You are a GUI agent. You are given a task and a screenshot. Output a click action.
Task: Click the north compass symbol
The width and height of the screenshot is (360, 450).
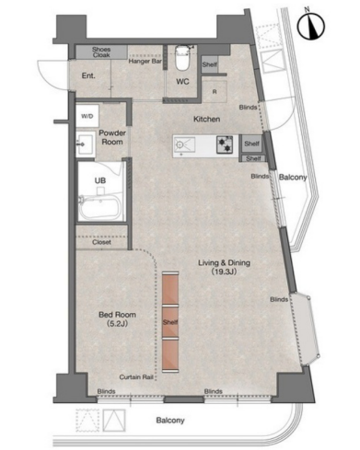coord(310,26)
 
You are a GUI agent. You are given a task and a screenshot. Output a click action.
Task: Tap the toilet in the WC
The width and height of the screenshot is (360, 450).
coord(181,58)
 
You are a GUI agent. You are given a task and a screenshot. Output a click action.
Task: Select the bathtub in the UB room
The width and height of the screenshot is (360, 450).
coord(99,207)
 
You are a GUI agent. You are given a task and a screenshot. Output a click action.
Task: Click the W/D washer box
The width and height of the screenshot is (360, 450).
coord(87,116)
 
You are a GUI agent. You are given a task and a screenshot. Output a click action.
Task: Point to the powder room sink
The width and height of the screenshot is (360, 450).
coord(86,144)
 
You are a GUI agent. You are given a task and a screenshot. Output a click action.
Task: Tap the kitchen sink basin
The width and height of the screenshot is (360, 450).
coord(184,144)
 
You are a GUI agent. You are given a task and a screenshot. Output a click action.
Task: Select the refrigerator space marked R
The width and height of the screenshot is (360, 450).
coord(215,92)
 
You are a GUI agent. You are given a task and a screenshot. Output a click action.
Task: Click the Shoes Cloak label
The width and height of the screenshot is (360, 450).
coord(101,52)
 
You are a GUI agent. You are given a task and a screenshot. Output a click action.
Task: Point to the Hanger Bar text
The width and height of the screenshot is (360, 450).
coord(145,62)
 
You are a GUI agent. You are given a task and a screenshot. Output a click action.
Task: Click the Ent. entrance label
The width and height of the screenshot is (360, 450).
coord(88,75)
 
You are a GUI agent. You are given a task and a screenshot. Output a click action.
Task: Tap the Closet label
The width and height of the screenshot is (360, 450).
coord(101,242)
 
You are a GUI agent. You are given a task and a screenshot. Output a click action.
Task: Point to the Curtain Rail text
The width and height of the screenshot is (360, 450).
coord(136,377)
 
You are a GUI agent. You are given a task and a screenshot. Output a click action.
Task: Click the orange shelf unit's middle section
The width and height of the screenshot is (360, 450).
coord(170,322)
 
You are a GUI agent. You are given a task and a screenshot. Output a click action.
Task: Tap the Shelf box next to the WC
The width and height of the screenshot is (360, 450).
coord(210,64)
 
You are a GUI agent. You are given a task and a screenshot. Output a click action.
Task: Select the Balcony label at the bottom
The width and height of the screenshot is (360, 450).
coord(170,421)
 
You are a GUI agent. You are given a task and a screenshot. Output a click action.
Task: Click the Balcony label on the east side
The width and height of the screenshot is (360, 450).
coord(293,178)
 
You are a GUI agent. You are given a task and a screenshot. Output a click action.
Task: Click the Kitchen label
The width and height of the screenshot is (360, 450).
coord(206,119)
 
